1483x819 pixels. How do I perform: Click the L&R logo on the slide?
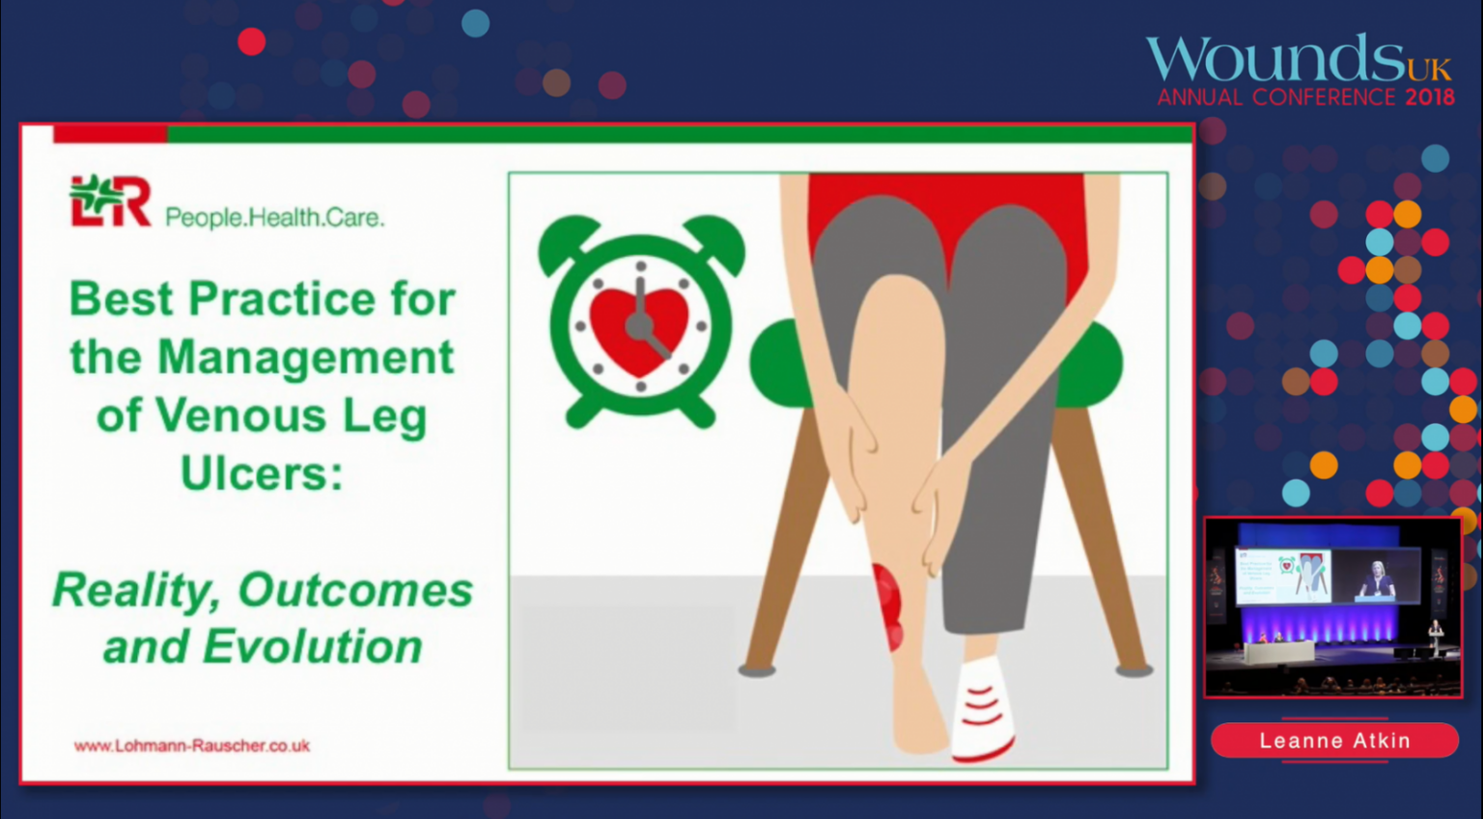click(110, 201)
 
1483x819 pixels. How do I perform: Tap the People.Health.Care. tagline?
click(275, 217)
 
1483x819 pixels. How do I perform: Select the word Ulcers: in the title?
click(263, 472)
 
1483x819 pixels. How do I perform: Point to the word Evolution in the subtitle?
click(313, 646)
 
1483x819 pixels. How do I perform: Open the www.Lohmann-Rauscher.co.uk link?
click(192, 746)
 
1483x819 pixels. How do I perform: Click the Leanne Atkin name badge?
click(1334, 740)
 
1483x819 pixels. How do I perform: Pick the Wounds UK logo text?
click(1299, 59)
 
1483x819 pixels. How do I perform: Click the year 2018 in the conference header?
click(1430, 98)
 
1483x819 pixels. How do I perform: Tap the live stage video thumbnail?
click(1332, 607)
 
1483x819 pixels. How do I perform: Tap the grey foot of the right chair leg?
click(1134, 670)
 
